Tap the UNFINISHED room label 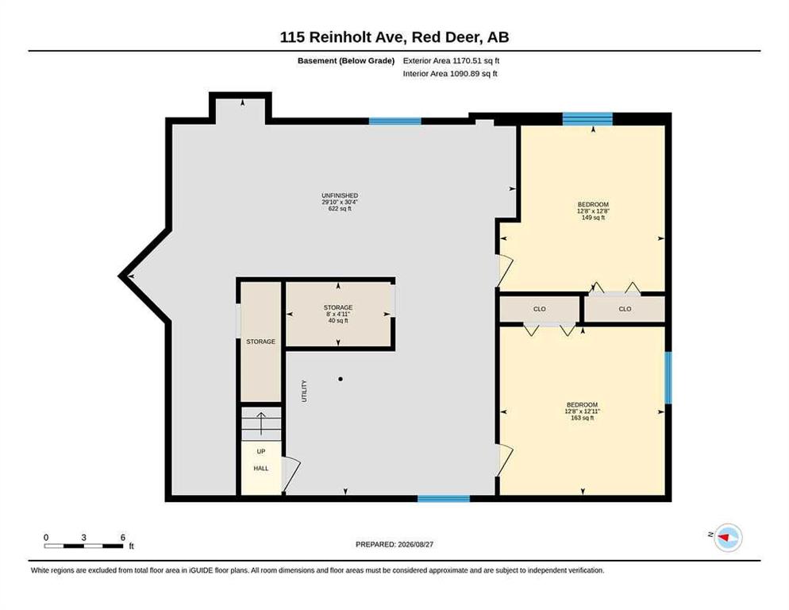click(x=340, y=195)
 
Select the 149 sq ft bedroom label click(x=593, y=211)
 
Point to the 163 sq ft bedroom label click(x=582, y=411)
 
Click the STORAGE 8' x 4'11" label click(x=338, y=314)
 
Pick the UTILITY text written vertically click(x=304, y=391)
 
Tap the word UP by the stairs click(x=260, y=451)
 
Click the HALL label click(x=260, y=469)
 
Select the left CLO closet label click(x=540, y=309)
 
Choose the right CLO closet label click(x=625, y=309)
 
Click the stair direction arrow click(x=261, y=423)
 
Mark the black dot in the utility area click(x=341, y=379)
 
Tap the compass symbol click(x=728, y=538)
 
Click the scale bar click(x=83, y=546)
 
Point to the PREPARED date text click(x=394, y=545)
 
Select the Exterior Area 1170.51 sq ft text click(x=451, y=60)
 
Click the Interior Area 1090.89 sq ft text click(x=450, y=74)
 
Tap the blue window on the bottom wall click(x=444, y=499)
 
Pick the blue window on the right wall click(x=668, y=378)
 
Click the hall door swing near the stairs click(x=291, y=474)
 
